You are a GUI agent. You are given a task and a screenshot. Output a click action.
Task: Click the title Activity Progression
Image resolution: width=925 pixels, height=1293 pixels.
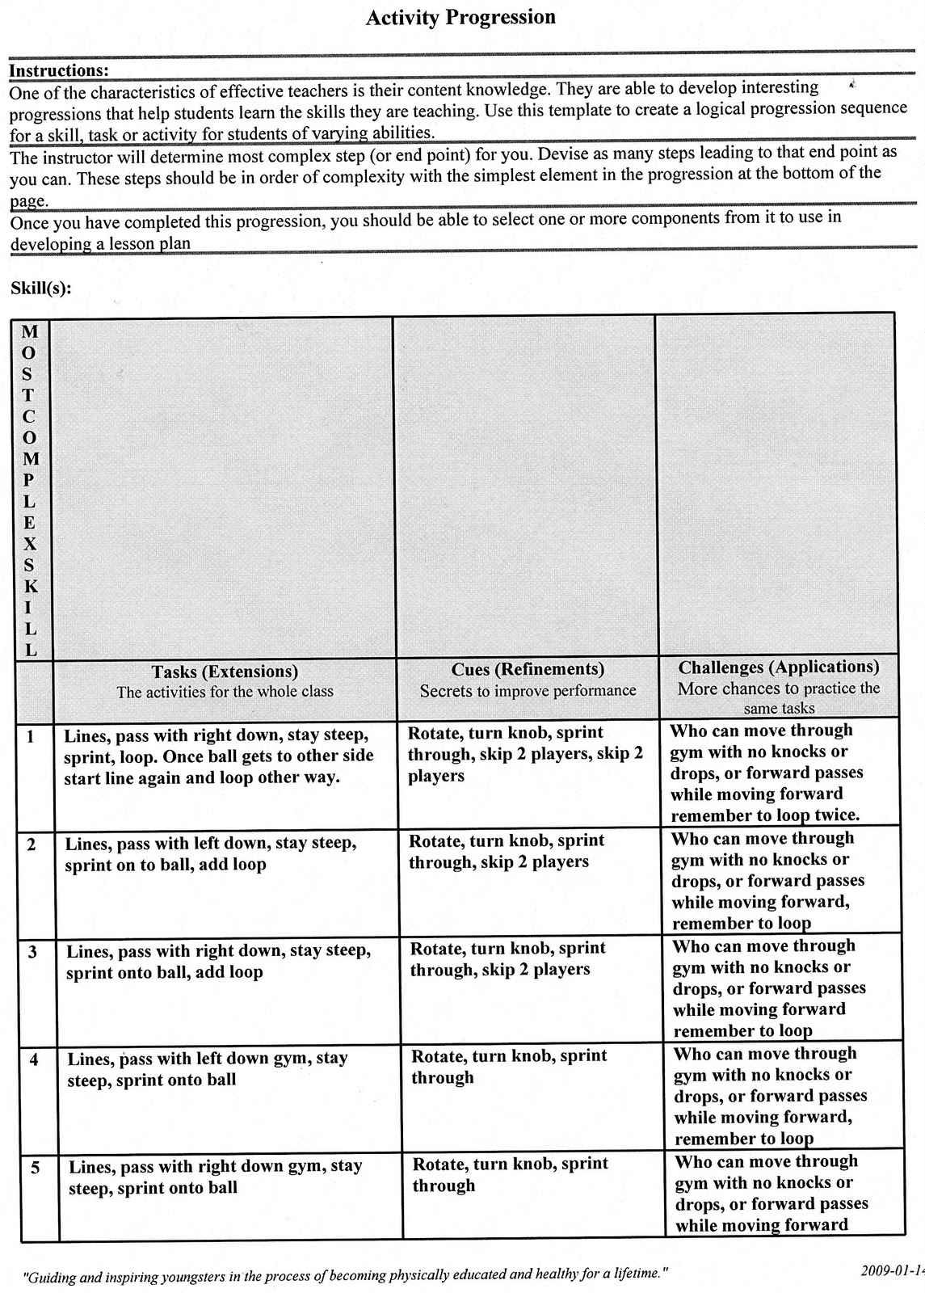[x=460, y=18]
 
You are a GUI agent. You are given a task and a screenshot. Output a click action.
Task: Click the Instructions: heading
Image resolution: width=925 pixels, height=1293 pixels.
[x=58, y=70]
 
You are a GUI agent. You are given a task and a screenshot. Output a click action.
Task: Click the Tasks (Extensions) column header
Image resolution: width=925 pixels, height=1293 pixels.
[x=225, y=672]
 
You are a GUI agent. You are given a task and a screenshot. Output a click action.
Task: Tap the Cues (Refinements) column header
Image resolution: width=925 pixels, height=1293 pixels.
[x=528, y=669]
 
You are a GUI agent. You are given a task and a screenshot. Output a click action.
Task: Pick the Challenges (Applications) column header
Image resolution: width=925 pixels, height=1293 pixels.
[x=779, y=667]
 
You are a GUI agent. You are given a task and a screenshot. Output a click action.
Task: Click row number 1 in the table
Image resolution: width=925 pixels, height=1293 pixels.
[x=30, y=736]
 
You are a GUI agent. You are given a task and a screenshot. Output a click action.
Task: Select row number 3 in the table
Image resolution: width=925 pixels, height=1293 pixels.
[x=32, y=952]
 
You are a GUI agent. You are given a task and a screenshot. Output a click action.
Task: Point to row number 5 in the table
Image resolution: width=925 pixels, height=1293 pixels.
[x=35, y=1168]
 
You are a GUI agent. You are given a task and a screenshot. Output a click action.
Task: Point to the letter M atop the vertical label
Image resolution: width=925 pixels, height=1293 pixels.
[x=29, y=331]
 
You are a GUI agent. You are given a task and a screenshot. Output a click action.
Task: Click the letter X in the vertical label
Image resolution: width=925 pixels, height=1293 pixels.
[x=30, y=544]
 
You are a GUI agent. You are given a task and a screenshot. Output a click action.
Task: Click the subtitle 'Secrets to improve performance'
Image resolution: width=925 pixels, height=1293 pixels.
[x=528, y=691]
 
